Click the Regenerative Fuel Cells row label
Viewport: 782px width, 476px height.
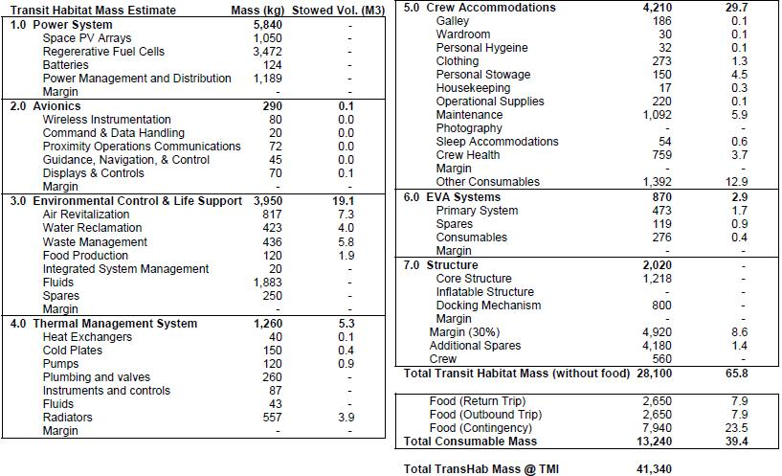coord(103,51)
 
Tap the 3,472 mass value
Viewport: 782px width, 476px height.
coord(268,51)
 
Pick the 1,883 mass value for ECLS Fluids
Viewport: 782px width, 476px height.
coord(268,283)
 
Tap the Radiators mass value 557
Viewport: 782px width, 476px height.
coord(272,418)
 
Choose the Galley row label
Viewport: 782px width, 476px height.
coord(452,21)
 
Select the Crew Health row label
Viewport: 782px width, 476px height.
coord(467,155)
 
